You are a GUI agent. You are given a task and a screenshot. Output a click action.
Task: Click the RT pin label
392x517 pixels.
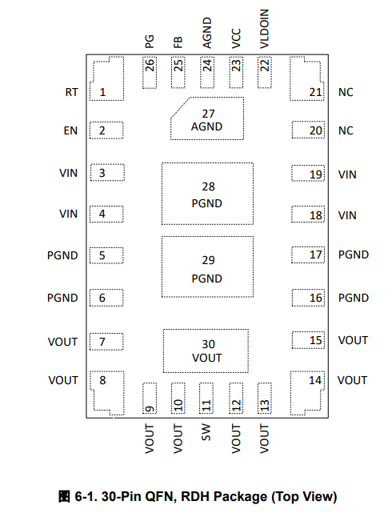(x=71, y=92)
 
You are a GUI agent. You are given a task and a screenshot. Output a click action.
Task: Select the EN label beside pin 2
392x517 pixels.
(x=70, y=131)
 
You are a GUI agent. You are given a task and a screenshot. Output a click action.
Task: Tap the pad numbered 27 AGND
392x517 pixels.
(x=207, y=118)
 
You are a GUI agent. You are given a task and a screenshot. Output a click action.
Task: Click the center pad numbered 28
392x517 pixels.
(x=207, y=194)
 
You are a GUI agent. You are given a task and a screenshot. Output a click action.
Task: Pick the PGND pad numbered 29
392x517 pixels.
(x=207, y=267)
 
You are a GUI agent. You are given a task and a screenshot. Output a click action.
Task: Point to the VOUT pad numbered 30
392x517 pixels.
(x=206, y=351)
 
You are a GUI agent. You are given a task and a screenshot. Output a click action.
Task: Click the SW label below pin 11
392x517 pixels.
(x=206, y=433)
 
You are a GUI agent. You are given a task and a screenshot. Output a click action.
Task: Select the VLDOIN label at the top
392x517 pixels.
(x=265, y=29)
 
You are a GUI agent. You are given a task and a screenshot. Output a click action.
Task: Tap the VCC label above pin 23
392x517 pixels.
(x=236, y=38)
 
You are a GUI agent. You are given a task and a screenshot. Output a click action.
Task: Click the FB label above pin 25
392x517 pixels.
(x=178, y=42)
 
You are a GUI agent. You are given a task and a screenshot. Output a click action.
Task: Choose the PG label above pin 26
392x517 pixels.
(x=150, y=42)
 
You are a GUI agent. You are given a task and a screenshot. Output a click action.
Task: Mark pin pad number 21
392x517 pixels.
(x=306, y=78)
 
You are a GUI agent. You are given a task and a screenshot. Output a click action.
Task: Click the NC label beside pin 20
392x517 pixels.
(x=346, y=131)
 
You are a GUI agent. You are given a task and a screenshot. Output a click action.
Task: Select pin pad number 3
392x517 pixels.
(x=107, y=172)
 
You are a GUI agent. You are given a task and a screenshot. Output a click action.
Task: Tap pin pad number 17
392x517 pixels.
(x=308, y=254)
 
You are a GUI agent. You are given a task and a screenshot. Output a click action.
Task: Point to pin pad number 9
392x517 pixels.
(x=150, y=399)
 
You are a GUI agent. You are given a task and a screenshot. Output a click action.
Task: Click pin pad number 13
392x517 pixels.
(x=265, y=399)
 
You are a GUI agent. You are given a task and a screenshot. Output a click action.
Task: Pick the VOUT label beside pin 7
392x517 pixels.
(x=62, y=342)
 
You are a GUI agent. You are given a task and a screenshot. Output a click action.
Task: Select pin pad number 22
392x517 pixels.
(x=265, y=73)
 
